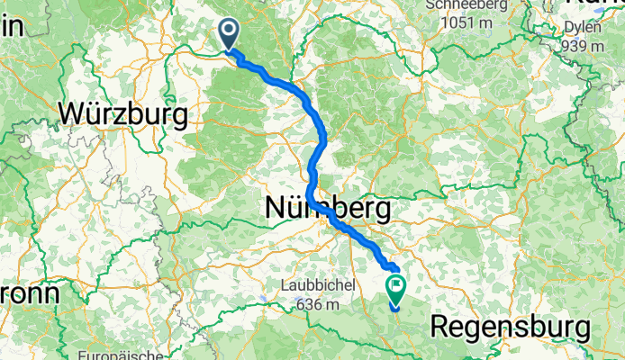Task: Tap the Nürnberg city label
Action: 328,209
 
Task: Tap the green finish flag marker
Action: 395,288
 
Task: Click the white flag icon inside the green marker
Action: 395,287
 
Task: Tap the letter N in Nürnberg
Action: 275,209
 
